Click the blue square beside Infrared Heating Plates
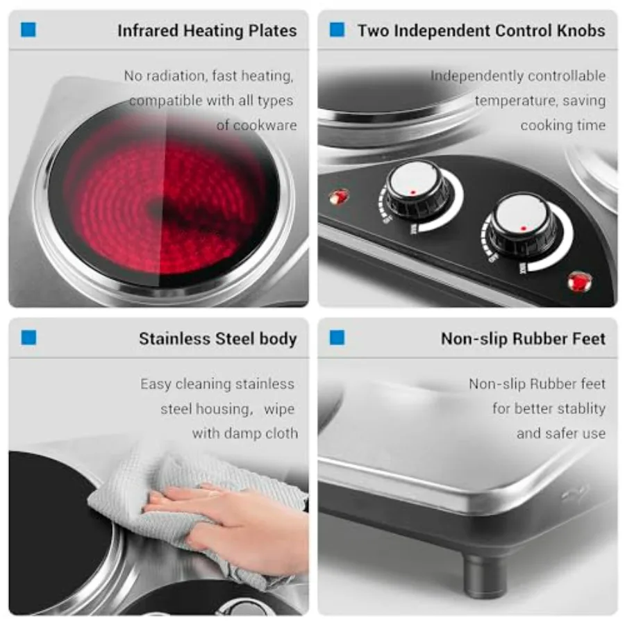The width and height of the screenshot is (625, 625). tap(28, 29)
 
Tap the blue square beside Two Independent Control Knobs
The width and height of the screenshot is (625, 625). tap(337, 29)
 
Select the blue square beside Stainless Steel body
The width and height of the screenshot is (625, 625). tap(28, 337)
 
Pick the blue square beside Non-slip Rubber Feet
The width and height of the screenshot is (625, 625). tap(337, 337)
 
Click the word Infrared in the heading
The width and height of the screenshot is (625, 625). tap(148, 31)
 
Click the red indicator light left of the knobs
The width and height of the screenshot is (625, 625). tap(339, 197)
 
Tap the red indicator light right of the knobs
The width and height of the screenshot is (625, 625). tap(580, 282)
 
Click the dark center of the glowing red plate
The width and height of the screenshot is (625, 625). tap(158, 208)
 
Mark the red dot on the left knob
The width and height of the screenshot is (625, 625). tap(413, 192)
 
